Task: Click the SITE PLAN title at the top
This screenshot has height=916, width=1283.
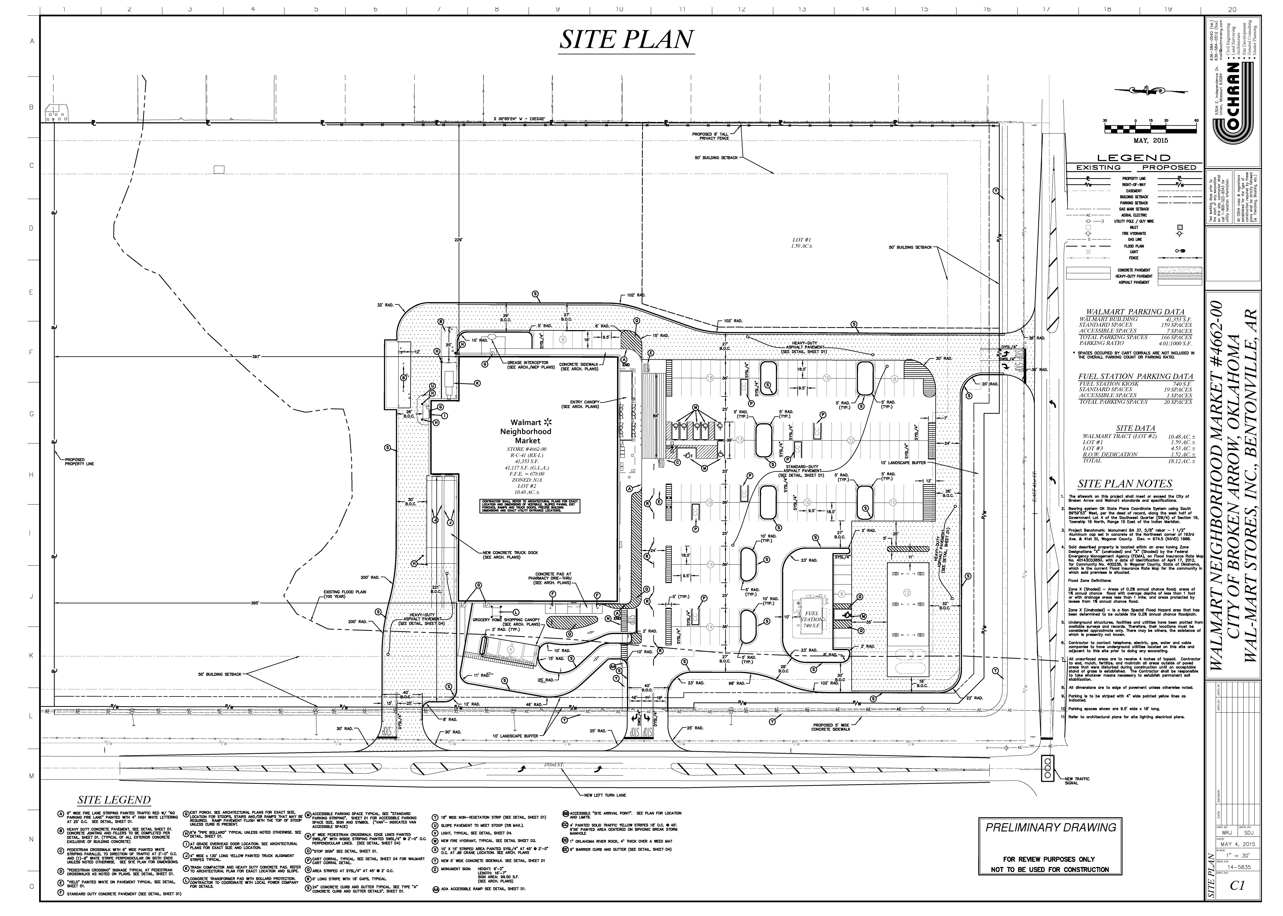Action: click(x=626, y=40)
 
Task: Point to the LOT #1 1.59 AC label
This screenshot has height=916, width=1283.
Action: click(x=801, y=243)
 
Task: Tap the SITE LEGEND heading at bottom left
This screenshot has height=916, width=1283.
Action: click(x=114, y=800)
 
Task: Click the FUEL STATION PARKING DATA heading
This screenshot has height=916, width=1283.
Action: click(x=1135, y=376)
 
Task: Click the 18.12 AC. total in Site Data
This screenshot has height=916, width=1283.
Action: click(x=1177, y=461)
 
